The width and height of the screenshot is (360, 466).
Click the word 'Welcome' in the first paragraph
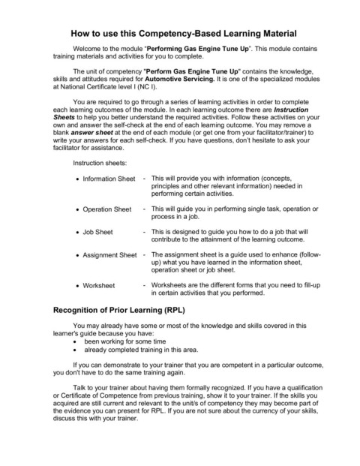[x=88, y=59]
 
